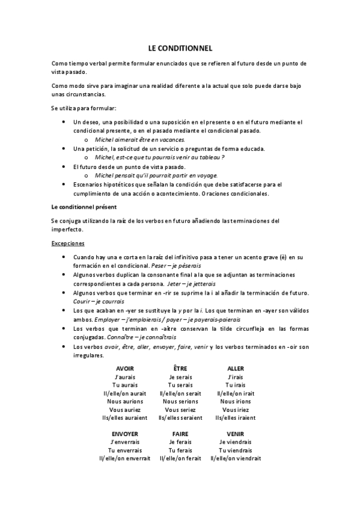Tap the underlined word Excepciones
[x=67, y=244]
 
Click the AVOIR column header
[x=124, y=367]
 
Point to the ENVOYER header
[x=125, y=434]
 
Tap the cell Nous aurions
[x=125, y=401]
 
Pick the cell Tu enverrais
[x=125, y=450]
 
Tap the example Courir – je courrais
[x=99, y=301]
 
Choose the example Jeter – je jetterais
[x=167, y=283]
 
